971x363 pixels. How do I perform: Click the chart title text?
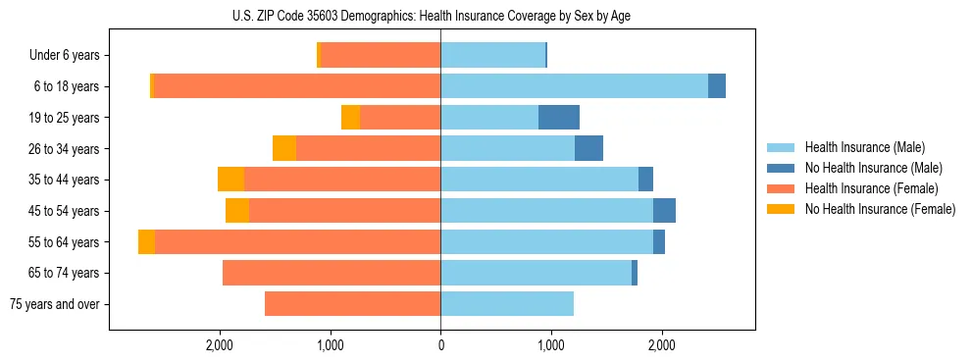click(432, 14)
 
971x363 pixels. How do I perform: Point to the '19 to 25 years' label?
click(64, 118)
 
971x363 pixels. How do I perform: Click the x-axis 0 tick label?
click(440, 344)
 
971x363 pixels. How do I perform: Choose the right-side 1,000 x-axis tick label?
click(551, 344)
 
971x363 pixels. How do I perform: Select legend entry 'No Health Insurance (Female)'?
click(880, 209)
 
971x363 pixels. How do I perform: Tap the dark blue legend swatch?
click(782, 168)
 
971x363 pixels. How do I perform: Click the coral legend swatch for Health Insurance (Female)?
click(782, 188)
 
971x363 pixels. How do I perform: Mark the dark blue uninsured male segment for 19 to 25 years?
click(559, 118)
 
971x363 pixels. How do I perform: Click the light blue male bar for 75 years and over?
click(507, 304)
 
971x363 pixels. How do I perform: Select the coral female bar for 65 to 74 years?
click(332, 273)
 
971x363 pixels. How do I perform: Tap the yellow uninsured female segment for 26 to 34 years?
click(284, 149)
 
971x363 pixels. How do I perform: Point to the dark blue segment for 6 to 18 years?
click(717, 86)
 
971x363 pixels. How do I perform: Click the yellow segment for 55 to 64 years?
click(146, 242)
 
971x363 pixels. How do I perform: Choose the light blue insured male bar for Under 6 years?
click(492, 56)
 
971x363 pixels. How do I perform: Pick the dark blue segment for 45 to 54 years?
click(664, 211)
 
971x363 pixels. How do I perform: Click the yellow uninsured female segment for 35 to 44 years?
click(230, 180)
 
